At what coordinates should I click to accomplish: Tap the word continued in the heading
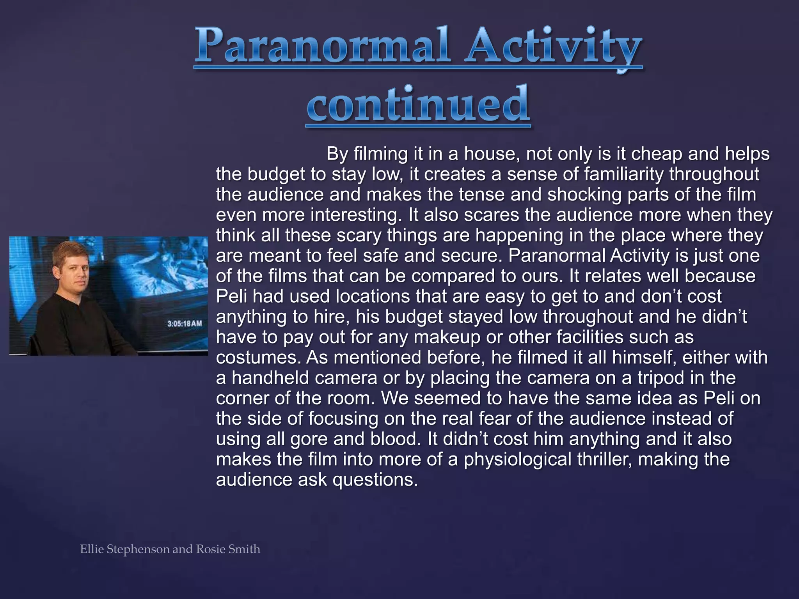tap(418, 104)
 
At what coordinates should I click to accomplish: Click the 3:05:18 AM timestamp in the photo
tap(185, 324)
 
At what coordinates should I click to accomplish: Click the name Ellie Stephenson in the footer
tap(125, 549)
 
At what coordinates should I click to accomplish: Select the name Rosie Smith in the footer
tap(228, 549)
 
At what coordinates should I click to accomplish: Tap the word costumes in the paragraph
tap(257, 358)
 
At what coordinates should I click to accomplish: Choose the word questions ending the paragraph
tap(375, 480)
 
